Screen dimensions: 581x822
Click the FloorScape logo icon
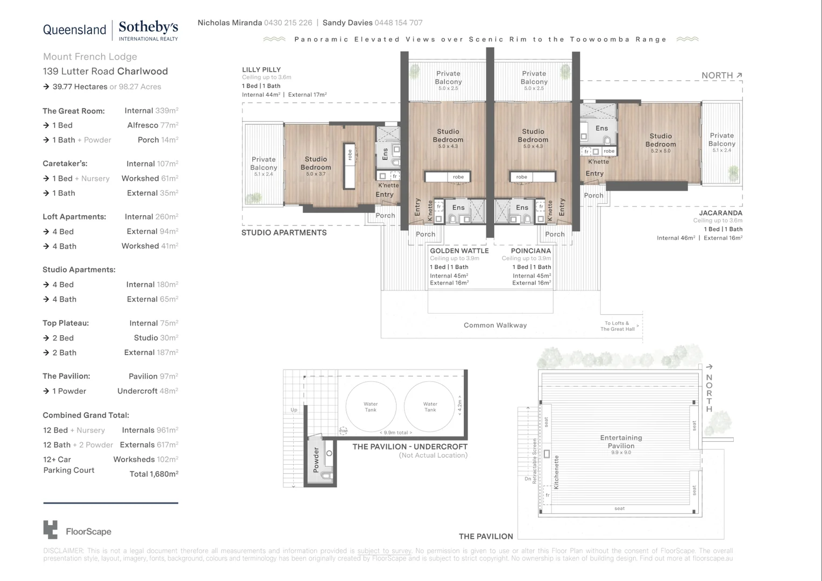(x=50, y=530)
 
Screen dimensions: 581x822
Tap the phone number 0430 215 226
(x=288, y=23)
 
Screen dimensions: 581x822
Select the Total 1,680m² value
(x=154, y=474)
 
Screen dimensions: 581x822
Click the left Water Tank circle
(x=371, y=407)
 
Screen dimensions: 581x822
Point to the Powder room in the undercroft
(x=316, y=460)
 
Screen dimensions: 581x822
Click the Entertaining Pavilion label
(x=621, y=442)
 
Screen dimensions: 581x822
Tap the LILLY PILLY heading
(x=261, y=69)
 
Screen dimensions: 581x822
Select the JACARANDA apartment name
(x=720, y=212)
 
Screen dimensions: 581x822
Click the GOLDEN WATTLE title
(x=459, y=251)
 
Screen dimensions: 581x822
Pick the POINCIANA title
(x=530, y=251)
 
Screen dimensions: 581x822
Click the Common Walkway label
(x=495, y=325)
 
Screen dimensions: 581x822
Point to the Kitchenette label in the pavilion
(x=557, y=472)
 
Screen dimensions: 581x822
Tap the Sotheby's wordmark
(x=148, y=27)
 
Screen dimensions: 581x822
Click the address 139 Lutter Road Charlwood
(x=105, y=71)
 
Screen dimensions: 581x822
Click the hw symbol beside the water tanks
(x=343, y=430)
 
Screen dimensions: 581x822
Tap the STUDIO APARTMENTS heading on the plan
(x=284, y=232)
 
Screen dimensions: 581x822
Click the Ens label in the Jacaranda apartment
(x=601, y=128)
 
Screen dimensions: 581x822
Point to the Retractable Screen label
(x=535, y=461)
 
